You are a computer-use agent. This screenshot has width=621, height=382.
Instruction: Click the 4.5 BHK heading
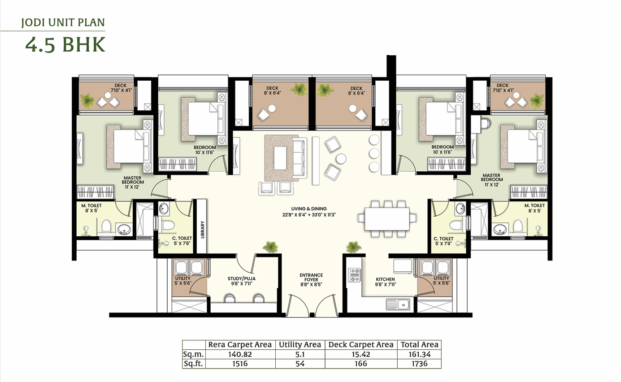click(x=65, y=44)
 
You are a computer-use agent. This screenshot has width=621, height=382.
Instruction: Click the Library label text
click(x=202, y=230)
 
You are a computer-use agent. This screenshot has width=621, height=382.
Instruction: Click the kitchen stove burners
click(x=355, y=274)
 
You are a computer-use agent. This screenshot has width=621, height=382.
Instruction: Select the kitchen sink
click(x=398, y=304)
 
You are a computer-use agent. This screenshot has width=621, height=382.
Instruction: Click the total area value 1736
click(x=419, y=364)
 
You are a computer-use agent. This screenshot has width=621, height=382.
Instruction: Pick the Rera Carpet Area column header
click(x=240, y=345)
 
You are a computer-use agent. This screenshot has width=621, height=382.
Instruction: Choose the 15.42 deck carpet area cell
click(x=360, y=354)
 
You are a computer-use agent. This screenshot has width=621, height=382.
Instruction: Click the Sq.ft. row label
click(x=193, y=364)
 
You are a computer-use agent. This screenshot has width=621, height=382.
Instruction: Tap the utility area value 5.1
click(x=300, y=354)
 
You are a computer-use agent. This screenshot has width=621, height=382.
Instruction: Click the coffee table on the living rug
click(x=280, y=157)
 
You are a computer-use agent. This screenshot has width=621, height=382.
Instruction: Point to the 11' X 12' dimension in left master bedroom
click(x=132, y=187)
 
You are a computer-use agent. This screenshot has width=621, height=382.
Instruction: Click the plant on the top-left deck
click(x=87, y=100)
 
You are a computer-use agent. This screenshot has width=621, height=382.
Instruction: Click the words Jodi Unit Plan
click(x=63, y=22)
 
